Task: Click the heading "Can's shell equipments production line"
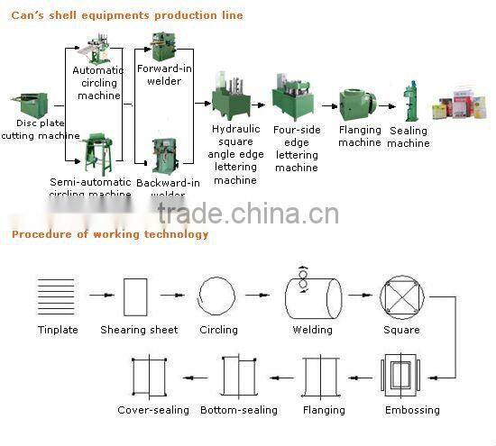126,15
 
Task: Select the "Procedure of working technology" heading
110,234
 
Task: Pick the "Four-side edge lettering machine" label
297,149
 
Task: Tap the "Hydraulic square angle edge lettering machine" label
235,155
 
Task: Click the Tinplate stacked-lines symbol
58,295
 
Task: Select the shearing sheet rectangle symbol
135,296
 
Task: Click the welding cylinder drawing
312,295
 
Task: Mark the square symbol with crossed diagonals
400,296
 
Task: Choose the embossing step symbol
400,377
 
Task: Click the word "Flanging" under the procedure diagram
324,410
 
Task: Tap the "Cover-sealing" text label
153,410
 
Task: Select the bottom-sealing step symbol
238,377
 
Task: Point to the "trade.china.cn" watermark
247,214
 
